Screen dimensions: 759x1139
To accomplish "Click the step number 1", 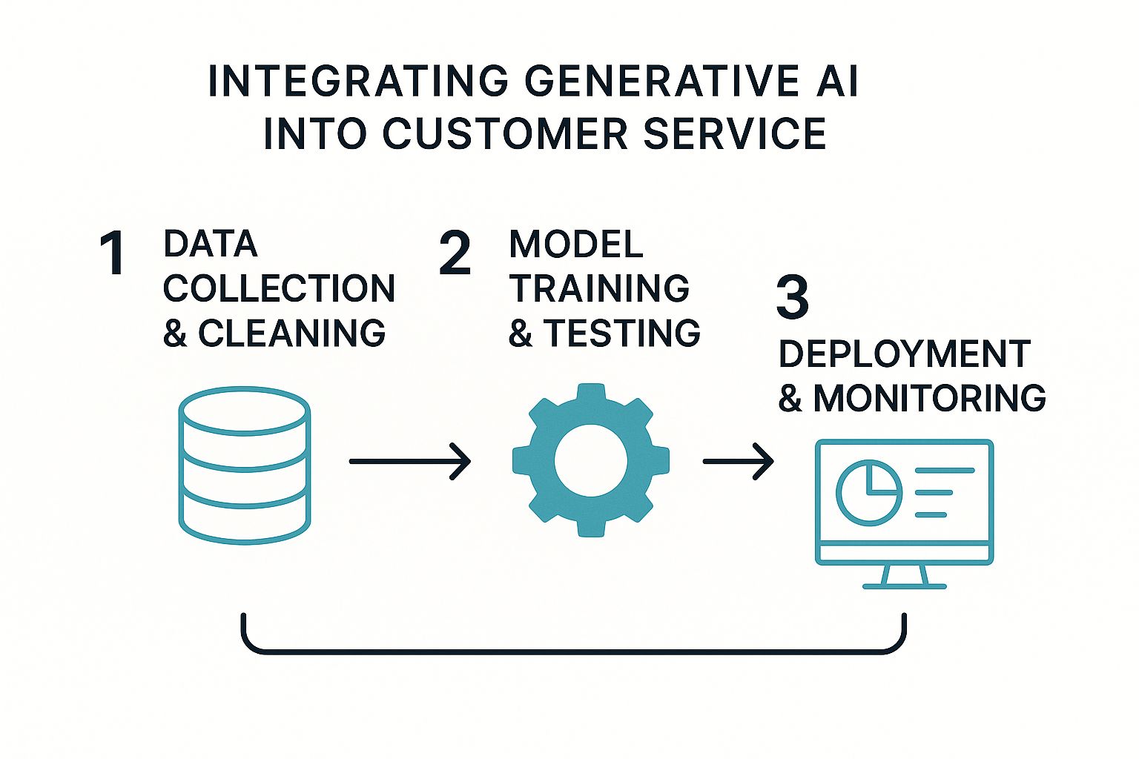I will point(113,254).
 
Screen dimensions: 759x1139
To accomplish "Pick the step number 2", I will point(455,254).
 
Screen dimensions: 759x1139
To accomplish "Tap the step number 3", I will point(792,298).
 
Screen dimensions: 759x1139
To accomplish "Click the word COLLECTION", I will point(279,288).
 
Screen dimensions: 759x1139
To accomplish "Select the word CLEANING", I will point(291,333).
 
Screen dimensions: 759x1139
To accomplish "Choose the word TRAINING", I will point(599,288).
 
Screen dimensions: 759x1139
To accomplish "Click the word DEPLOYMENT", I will point(905,354).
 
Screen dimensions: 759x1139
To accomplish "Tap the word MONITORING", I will point(930,398).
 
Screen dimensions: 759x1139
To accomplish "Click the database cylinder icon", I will point(244,465).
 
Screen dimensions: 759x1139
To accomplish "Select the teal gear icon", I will point(590,460).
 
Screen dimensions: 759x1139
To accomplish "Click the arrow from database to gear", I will point(409,461).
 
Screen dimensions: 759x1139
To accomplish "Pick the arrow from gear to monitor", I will point(738,461).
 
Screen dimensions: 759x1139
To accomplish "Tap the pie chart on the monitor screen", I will point(868,492).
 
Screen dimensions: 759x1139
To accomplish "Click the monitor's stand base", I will point(904,586).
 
